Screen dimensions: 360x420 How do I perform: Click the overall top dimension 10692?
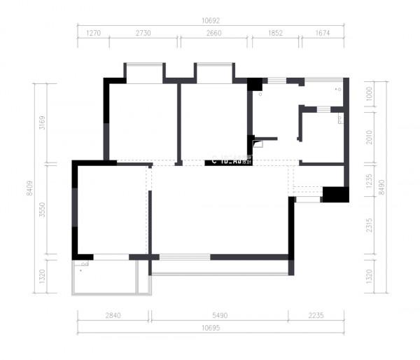pyautogui.click(x=209, y=21)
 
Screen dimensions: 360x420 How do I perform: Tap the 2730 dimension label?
pyautogui.click(x=143, y=33)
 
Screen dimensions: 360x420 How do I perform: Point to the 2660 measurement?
pyautogui.click(x=214, y=33)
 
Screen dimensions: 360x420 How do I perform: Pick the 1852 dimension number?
pyautogui.click(x=276, y=33)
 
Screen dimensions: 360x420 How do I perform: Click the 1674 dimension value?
pyautogui.click(x=322, y=33)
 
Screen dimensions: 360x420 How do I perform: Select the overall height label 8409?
pyautogui.click(x=29, y=205)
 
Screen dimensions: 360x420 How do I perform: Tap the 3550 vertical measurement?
pyautogui.click(x=41, y=209)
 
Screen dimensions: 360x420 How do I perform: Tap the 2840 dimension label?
pyautogui.click(x=113, y=316)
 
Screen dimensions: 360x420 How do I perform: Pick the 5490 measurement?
pyautogui.click(x=219, y=316)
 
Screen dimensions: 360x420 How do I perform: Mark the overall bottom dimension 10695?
pyautogui.click(x=209, y=328)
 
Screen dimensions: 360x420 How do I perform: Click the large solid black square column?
pyautogui.click(x=335, y=194)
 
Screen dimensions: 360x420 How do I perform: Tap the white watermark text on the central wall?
pyautogui.click(x=231, y=160)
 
